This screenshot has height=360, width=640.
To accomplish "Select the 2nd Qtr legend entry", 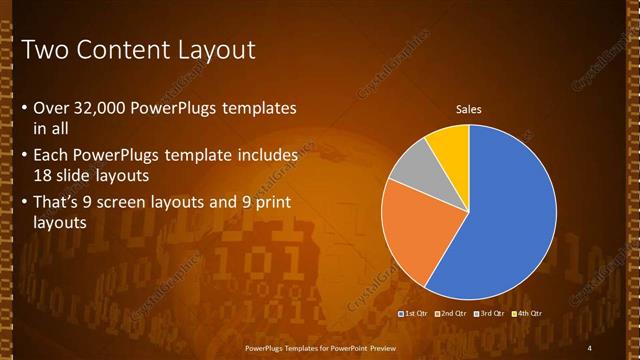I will [452, 314].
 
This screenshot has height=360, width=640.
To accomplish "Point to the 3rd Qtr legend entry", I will [490, 314].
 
